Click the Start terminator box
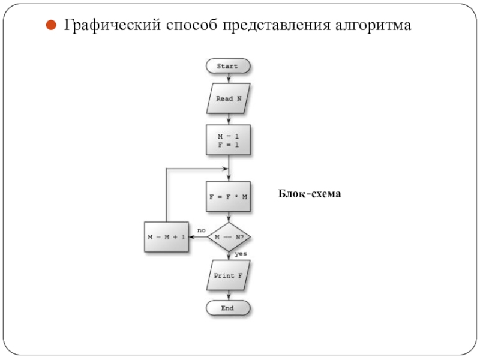click(x=228, y=66)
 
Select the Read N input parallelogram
click(x=228, y=98)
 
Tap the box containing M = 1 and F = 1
click(x=228, y=140)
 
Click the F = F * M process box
click(x=228, y=197)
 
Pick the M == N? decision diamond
click(x=229, y=237)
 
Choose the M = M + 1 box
click(x=166, y=237)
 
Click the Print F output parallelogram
click(x=228, y=275)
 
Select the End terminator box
click(x=228, y=308)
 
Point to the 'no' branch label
click(x=202, y=230)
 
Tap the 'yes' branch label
click(x=241, y=254)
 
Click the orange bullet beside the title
click(x=51, y=25)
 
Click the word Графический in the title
click(x=112, y=25)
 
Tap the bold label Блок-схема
click(x=309, y=194)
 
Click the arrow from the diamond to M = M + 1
click(x=199, y=237)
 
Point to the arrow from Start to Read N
click(x=229, y=79)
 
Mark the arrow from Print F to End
click(x=229, y=295)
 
